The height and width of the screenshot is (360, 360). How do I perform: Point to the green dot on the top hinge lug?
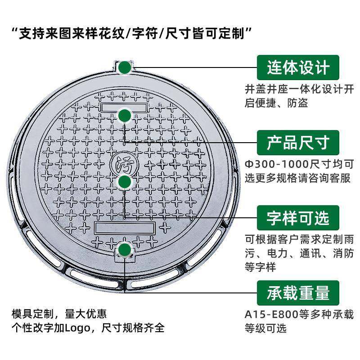pyautogui.click(x=125, y=67)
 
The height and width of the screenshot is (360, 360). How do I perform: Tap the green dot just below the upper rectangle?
pyautogui.click(x=125, y=117)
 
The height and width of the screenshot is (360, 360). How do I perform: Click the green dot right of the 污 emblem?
pyautogui.click(x=125, y=182)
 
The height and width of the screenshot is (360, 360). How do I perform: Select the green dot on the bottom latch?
pyautogui.click(x=125, y=251)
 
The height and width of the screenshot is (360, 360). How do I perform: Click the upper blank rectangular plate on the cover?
pyautogui.click(x=124, y=107)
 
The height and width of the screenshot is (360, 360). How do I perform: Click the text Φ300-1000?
pyautogui.click(x=272, y=164)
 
